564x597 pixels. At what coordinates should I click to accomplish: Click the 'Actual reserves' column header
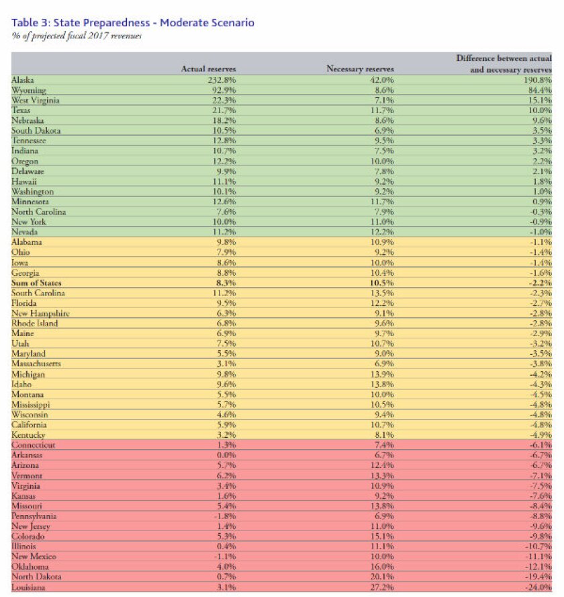(x=209, y=69)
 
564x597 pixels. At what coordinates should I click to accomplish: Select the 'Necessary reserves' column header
(x=360, y=69)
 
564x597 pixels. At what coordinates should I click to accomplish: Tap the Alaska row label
(x=23, y=80)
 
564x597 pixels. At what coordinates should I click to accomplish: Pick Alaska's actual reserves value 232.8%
(x=222, y=80)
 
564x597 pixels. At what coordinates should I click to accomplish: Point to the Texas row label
(x=21, y=110)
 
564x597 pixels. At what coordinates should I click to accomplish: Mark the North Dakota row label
(x=36, y=576)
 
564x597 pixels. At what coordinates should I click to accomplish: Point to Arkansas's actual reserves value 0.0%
(x=226, y=455)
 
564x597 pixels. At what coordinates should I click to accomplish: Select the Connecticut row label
(x=33, y=445)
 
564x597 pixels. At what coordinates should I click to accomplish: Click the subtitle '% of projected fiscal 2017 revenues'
(x=77, y=36)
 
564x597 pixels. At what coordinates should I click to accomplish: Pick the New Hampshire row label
(x=40, y=313)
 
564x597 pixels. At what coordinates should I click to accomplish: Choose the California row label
(x=29, y=424)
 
